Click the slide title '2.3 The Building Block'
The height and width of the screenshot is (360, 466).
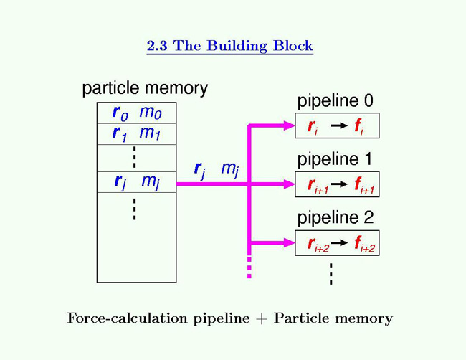(x=229, y=47)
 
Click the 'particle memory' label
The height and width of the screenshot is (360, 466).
(x=145, y=89)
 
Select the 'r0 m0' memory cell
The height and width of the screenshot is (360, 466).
(x=135, y=113)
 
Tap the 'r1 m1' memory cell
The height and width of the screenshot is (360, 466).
(x=135, y=133)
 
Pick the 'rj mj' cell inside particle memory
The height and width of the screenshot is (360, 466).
(x=135, y=182)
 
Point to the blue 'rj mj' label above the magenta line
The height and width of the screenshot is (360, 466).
(x=216, y=170)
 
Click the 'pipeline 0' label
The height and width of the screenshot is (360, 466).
(x=335, y=102)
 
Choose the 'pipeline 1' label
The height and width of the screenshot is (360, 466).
(x=335, y=160)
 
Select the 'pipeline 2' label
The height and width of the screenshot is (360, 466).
(x=335, y=218)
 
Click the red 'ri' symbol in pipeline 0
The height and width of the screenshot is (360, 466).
(x=313, y=127)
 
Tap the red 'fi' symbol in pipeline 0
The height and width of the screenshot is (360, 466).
(x=358, y=127)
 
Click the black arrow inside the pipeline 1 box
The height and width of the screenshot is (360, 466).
(x=340, y=185)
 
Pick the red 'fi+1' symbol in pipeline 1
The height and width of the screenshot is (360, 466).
(x=363, y=186)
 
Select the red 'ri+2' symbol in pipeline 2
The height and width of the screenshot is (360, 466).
(x=317, y=245)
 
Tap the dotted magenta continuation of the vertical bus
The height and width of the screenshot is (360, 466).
(x=249, y=267)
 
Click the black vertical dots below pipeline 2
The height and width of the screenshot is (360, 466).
(x=331, y=273)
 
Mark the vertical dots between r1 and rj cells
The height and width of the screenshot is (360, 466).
(x=135, y=158)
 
